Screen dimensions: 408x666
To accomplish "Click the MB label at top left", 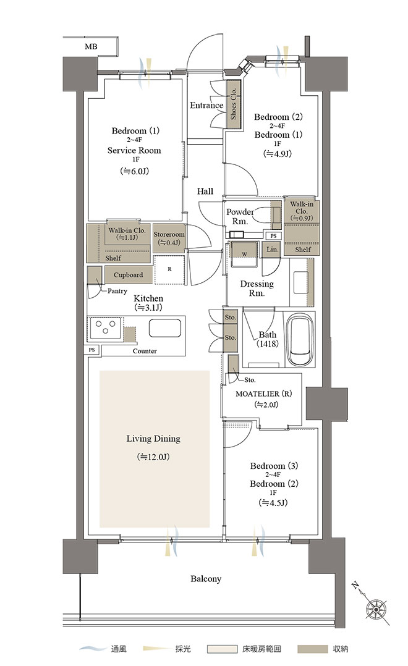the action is coord(91,46).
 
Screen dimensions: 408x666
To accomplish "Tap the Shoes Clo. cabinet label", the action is coord(233,104).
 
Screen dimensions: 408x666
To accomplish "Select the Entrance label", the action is coord(206,105).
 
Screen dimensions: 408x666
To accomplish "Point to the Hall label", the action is coord(205,192).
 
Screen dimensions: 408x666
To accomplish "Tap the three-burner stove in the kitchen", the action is coord(105,328).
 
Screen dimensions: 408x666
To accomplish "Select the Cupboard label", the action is coord(128,276).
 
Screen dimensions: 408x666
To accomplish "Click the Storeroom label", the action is coord(169,235).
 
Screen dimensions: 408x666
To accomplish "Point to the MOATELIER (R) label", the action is coord(263,394).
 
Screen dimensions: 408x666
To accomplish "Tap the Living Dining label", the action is coord(153,439).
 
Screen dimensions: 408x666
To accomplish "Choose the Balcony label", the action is coord(206,579).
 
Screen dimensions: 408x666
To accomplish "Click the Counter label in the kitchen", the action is coord(145,352).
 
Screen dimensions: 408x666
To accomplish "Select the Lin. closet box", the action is coord(273,250).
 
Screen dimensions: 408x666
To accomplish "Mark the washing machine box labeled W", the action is coord(244,254).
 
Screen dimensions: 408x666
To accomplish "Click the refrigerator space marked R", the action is coord(169,270).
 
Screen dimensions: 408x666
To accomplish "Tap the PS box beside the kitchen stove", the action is coord(92,350).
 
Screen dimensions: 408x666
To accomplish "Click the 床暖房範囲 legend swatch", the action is coord(222,649).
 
